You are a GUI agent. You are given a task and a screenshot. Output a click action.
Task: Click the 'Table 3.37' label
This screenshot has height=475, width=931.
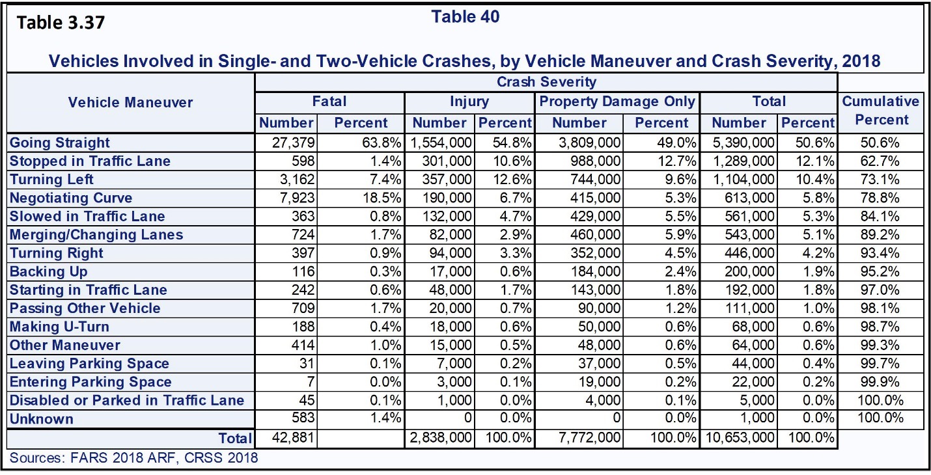point(61,23)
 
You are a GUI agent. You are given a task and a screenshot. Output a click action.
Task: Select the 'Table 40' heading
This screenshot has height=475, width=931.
point(465,17)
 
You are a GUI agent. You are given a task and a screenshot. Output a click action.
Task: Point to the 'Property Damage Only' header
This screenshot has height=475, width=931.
point(617,102)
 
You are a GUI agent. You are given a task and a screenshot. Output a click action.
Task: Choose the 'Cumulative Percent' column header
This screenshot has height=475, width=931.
point(881,111)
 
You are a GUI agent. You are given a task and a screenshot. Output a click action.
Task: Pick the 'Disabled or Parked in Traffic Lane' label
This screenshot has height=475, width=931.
point(127,400)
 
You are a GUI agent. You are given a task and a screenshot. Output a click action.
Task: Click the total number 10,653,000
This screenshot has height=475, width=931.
point(738,438)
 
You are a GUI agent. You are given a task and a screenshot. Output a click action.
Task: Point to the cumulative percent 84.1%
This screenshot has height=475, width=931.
point(881,216)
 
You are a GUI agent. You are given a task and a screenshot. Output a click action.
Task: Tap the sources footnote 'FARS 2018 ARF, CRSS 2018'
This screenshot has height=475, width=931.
point(133,457)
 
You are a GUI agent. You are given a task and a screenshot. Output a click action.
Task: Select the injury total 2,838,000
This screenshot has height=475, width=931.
point(441,438)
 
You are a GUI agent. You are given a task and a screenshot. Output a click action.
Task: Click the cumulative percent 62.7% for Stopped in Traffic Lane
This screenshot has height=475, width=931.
point(881,161)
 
